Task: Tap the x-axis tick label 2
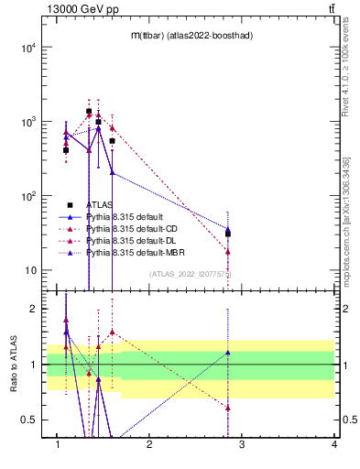pos(149,444)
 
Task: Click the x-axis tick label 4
pos(333,444)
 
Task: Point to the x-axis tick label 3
pos(242,444)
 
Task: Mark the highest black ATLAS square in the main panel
pos(89,111)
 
